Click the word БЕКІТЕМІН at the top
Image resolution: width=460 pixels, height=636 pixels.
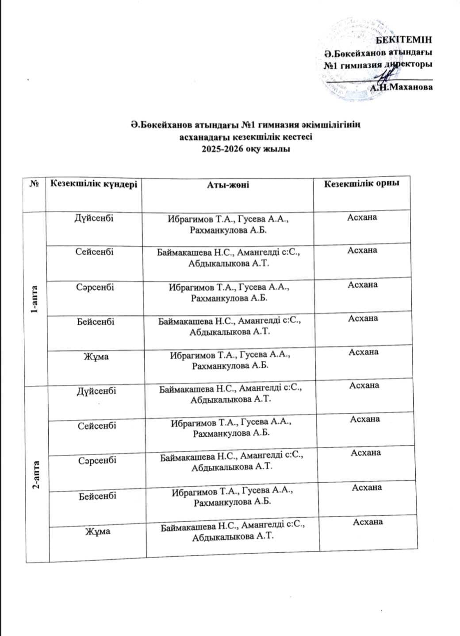tap(403, 39)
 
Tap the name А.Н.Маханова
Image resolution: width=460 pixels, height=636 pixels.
tap(401, 87)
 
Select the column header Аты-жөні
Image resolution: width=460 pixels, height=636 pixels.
tap(228, 185)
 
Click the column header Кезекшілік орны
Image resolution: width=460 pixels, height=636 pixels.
tap(362, 183)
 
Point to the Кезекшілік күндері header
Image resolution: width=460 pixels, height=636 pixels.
tap(94, 184)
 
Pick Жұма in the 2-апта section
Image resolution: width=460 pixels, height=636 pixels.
tap(97, 531)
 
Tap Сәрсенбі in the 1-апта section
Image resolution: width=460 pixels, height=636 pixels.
tap(95, 287)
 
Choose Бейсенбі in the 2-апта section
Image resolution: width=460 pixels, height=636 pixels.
tap(97, 496)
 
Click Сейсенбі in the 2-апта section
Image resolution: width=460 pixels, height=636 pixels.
tap(97, 426)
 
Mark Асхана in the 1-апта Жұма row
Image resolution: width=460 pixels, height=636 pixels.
tap(363, 352)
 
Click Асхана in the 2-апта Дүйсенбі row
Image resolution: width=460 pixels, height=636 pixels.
tap(364, 385)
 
